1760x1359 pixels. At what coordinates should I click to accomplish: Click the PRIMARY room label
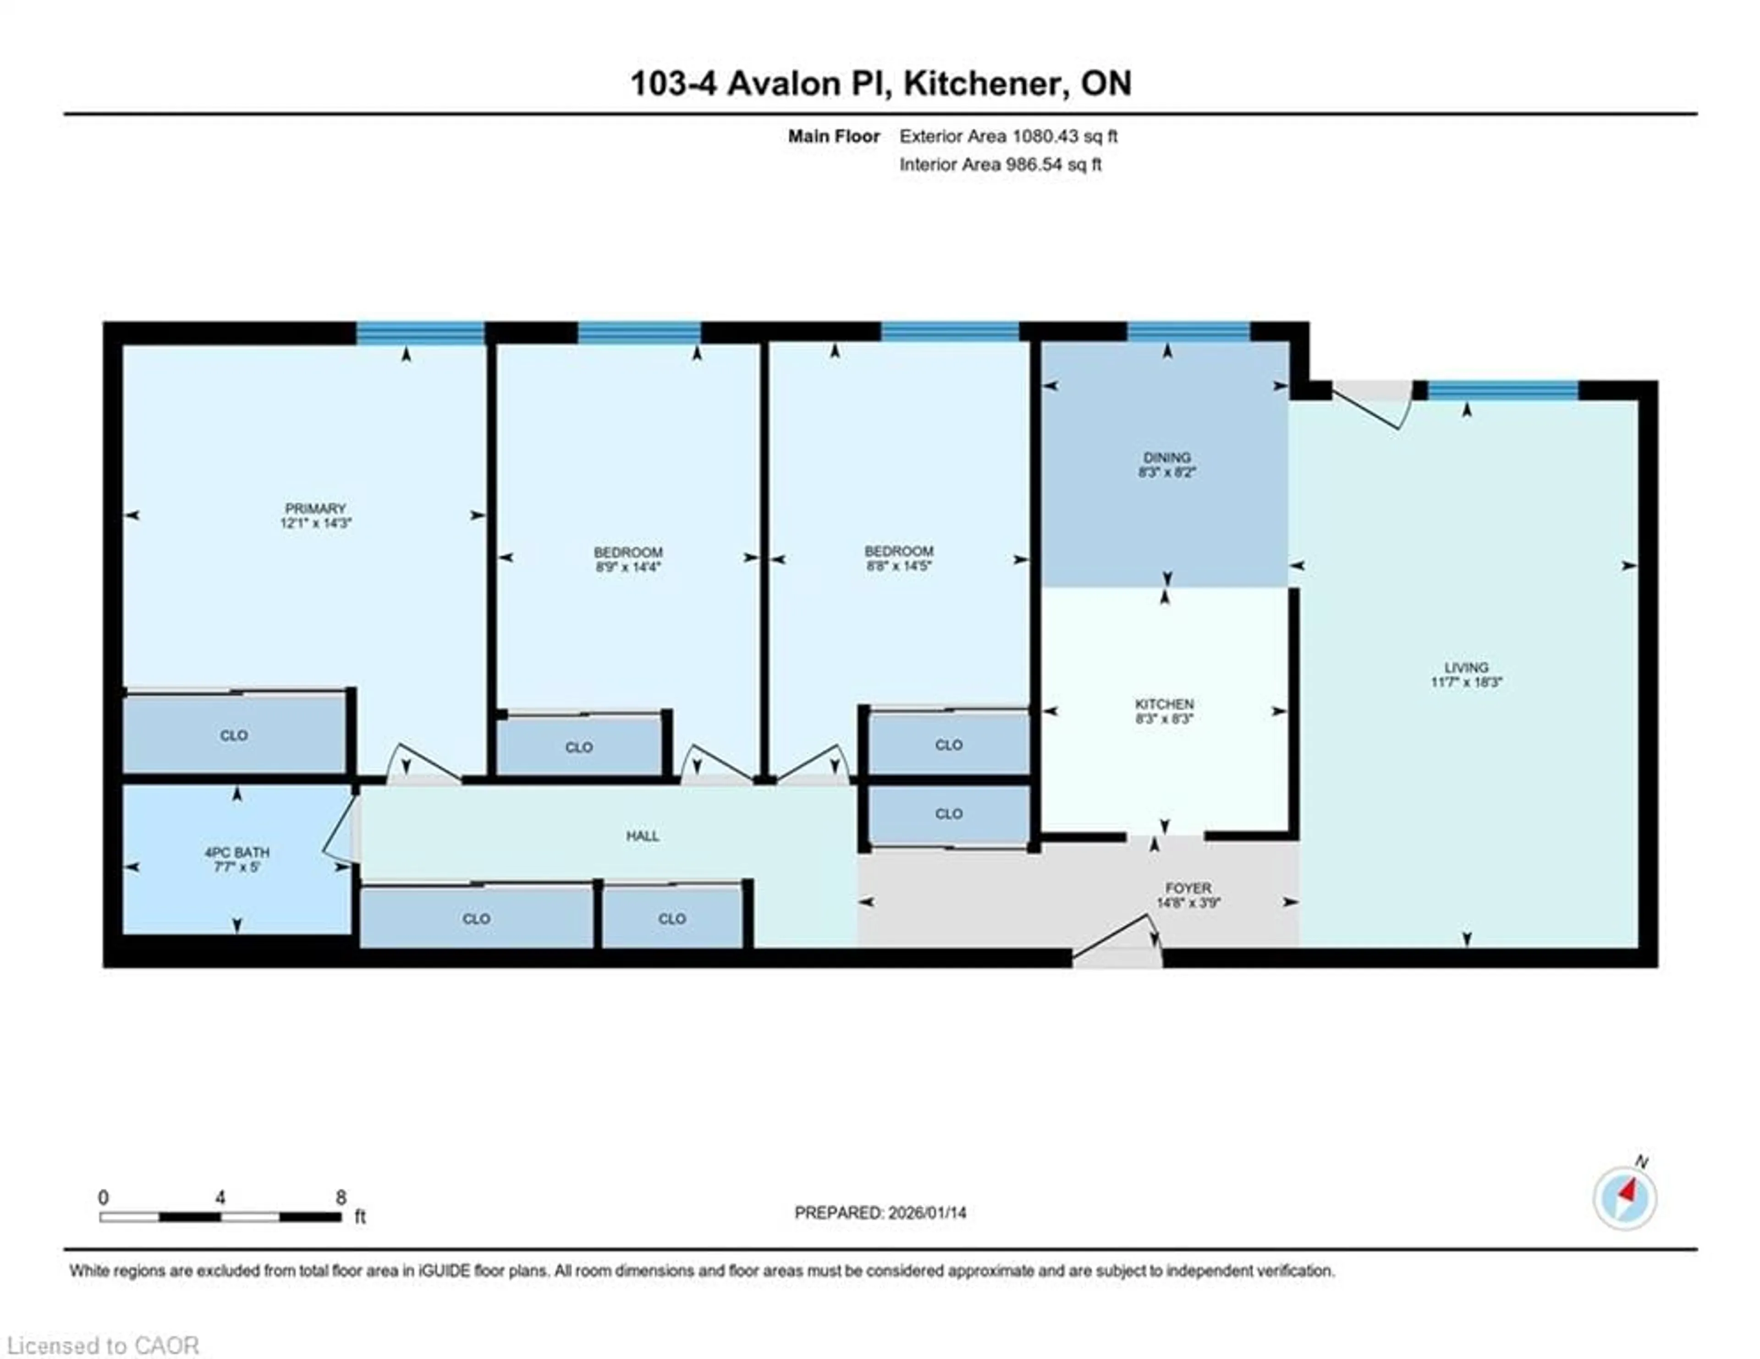tap(315, 508)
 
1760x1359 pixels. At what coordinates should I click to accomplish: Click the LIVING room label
tap(1466, 668)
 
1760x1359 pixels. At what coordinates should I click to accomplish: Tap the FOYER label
tap(1188, 888)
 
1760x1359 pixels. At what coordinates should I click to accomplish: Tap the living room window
tap(1503, 391)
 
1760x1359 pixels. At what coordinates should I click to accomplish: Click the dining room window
tap(1188, 331)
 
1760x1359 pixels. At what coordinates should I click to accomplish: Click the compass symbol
tap(1625, 1199)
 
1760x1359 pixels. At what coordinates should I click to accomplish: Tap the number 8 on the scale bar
tap(341, 1197)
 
